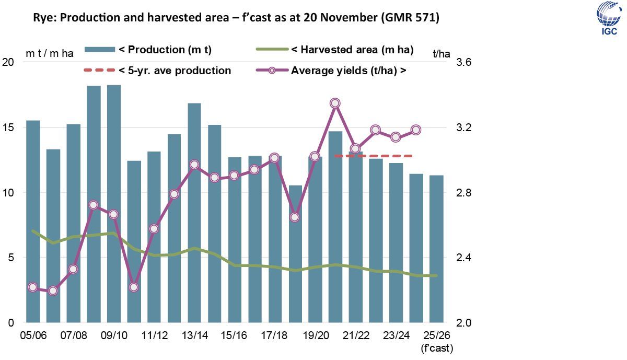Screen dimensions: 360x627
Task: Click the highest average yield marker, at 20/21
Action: pos(335,103)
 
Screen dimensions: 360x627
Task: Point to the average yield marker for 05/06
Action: pos(33,287)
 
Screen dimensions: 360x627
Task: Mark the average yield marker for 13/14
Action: pos(194,165)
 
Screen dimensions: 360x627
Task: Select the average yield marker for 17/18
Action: pos(275,158)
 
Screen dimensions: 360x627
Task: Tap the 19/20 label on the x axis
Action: pos(315,335)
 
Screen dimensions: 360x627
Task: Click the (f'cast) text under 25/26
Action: pos(436,347)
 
